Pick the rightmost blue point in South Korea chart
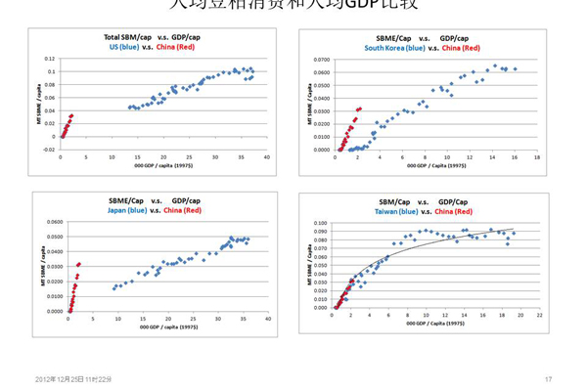tap(515, 68)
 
